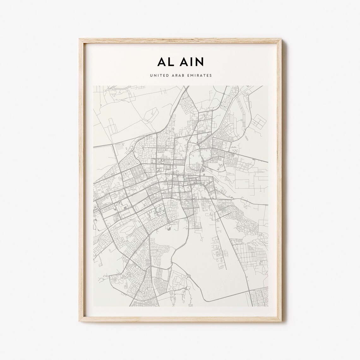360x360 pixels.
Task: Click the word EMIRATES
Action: (x=200, y=75)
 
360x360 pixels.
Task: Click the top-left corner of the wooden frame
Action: (x=79, y=38)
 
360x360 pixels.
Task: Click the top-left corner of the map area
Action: (x=93, y=85)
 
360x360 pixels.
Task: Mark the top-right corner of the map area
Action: (x=268, y=85)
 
